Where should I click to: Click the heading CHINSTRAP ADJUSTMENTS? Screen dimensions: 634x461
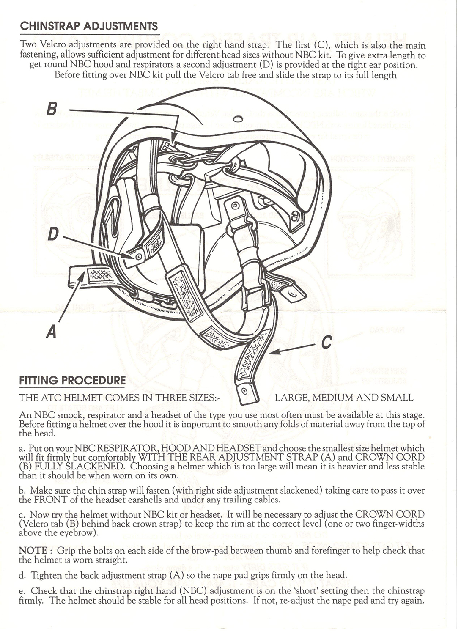(89, 26)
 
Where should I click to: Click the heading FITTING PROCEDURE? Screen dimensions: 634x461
(72, 381)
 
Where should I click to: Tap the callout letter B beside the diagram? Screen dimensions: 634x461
(52, 109)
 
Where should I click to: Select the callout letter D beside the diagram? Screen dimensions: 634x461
(52, 234)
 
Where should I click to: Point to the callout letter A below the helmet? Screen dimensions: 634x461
(52, 331)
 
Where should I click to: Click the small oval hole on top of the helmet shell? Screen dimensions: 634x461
(238, 118)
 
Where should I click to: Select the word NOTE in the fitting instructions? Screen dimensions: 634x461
(33, 551)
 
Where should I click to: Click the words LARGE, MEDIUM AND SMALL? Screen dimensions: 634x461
(344, 398)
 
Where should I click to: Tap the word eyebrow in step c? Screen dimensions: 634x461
(83, 533)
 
